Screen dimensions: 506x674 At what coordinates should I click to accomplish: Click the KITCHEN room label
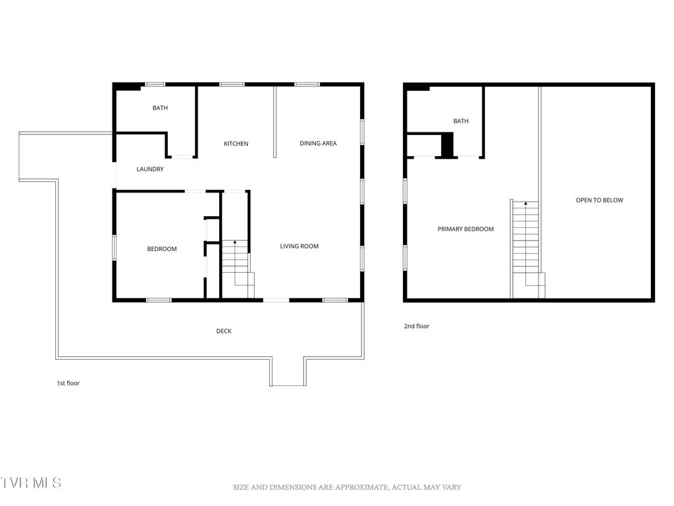coord(236,144)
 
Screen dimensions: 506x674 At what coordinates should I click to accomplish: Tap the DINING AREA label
coord(318,144)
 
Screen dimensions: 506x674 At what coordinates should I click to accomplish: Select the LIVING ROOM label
coord(299,246)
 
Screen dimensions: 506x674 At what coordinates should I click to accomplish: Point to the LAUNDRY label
coord(150,169)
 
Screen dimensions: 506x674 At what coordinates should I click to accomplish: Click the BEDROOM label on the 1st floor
coord(161,249)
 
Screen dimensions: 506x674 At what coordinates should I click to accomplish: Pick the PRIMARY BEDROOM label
coord(465,229)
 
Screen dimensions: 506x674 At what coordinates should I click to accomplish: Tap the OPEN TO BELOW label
coord(599,200)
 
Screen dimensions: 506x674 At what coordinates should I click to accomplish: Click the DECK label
coord(224,331)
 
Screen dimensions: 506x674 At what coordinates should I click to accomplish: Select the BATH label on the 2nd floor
coord(461,121)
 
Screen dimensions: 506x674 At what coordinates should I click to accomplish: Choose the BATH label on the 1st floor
coord(160,108)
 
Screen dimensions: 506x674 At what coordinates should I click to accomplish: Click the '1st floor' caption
coord(68,383)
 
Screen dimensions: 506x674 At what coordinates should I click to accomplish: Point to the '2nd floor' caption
coord(417,326)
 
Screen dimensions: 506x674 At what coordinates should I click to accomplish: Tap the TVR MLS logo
coord(31,483)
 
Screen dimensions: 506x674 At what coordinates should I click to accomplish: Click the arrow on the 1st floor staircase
coord(235,243)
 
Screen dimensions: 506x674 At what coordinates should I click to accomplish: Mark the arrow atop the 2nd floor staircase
coord(525,204)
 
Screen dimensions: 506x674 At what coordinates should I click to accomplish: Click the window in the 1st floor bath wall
coord(155,84)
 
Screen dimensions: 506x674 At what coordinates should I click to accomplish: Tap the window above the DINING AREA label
coord(307,84)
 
